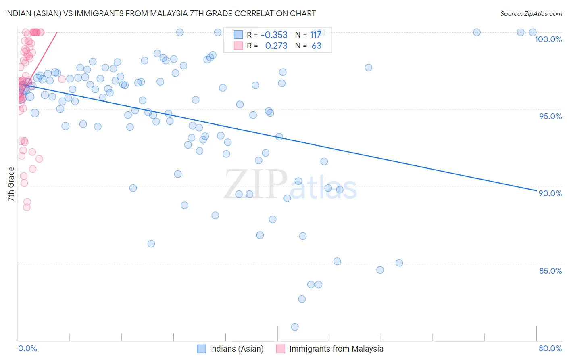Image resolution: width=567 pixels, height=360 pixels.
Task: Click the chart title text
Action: point(160,13)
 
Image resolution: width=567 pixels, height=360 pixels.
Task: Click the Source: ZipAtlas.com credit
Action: point(531,14)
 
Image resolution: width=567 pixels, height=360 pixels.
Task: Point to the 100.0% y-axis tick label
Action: point(548,39)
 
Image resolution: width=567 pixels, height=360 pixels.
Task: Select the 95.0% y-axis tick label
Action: point(550,116)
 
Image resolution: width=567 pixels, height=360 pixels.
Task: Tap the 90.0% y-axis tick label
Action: point(550,193)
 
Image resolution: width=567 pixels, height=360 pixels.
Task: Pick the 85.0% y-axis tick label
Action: point(550,271)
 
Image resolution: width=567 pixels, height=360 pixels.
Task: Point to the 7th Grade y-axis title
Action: point(11,184)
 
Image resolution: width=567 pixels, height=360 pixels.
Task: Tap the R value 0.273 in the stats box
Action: point(276,46)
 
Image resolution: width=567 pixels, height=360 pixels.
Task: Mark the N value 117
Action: point(315,35)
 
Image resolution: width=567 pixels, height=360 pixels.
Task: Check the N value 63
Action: point(317,46)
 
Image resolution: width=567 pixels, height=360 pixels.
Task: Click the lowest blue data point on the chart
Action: point(295,327)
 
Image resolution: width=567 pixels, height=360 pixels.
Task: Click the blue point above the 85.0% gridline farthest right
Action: point(399,263)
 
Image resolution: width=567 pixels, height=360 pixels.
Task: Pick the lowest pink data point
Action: point(27,207)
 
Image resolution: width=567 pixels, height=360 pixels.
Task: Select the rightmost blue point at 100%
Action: point(533,32)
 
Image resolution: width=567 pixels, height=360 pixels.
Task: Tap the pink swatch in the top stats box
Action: point(238,46)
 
